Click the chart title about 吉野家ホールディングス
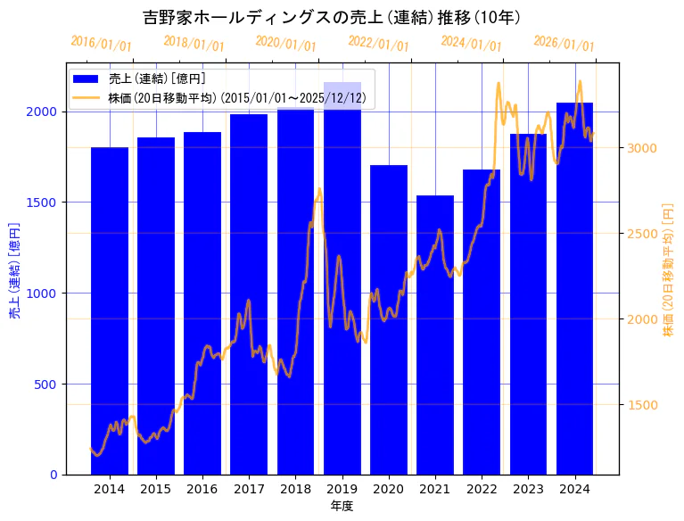[x=332, y=18]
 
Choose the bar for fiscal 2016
[x=202, y=303]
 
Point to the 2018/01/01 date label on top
[x=194, y=44]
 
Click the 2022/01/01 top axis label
[x=378, y=44]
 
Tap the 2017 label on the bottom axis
[x=249, y=489]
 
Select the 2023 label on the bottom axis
[x=528, y=489]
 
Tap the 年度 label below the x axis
[x=342, y=506]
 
